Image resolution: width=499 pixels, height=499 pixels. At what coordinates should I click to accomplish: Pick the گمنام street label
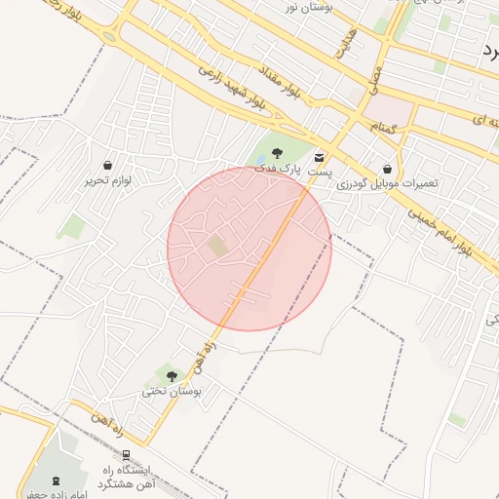pos(383,128)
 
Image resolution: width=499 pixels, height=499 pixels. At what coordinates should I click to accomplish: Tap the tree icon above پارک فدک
pos(278,153)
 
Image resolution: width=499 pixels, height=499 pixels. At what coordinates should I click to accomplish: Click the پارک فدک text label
pos(278,169)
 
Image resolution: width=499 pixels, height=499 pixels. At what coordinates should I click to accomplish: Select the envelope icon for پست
pos(321,157)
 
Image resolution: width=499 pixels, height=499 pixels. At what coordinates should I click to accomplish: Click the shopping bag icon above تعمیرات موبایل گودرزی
pos(389,169)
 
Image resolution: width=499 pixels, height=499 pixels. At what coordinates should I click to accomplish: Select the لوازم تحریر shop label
pos(106,180)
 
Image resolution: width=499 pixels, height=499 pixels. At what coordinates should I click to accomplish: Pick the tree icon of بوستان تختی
pos(172,376)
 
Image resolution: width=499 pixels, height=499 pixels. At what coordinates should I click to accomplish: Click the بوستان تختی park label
pos(172,391)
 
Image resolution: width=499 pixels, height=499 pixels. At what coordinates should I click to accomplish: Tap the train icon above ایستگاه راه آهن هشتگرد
pos(127,455)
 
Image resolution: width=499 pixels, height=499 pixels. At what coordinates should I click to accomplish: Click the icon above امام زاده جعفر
pos(55,480)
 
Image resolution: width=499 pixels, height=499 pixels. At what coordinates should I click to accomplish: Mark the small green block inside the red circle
pos(217,247)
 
